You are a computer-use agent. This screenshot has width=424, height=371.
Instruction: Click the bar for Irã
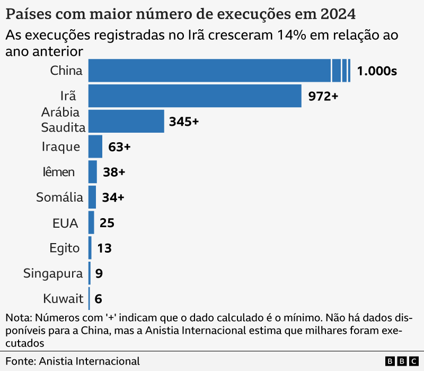pos(195,96)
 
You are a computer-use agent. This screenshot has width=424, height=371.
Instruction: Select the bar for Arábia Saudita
pos(126,122)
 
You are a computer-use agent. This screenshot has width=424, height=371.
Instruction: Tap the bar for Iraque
pos(95,146)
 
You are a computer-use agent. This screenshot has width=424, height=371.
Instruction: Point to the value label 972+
pos(323,96)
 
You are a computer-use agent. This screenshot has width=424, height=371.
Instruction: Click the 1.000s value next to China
pos(377,71)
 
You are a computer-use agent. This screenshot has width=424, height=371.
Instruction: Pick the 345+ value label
pos(183,122)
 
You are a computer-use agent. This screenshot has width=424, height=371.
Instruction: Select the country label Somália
pos(59,197)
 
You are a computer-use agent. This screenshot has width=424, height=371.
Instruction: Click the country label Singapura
pos(53,274)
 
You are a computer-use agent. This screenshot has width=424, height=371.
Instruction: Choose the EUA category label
pos(65,223)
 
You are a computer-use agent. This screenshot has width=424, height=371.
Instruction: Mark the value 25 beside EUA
pos(107,223)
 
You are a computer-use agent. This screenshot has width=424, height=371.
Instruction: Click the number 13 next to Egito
pos(104,248)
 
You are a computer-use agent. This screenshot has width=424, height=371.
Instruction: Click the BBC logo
pos(402,361)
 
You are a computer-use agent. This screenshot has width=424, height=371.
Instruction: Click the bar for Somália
pos(92,197)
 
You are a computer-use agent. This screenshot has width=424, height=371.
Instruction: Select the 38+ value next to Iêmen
pos(113,172)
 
